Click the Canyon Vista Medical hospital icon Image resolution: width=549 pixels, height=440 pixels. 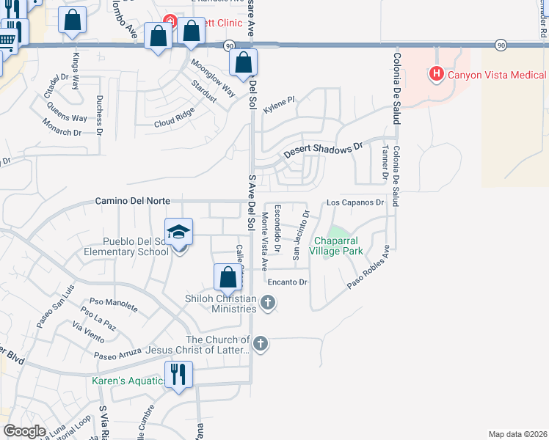coord(437,74)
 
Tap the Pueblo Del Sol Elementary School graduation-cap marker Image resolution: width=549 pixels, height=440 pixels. coord(178,233)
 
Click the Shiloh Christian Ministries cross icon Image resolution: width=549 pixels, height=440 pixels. coord(268,301)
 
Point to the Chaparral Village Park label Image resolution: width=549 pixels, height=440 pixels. coord(338,246)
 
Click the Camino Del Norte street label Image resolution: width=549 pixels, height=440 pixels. coord(133,201)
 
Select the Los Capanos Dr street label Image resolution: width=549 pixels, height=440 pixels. coord(355,202)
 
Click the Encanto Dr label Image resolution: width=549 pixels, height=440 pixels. coord(286,282)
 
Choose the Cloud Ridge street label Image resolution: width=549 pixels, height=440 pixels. coord(174,117)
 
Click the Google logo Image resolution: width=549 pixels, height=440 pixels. coord(24,430)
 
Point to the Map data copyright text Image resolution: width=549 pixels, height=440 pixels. coord(517,434)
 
